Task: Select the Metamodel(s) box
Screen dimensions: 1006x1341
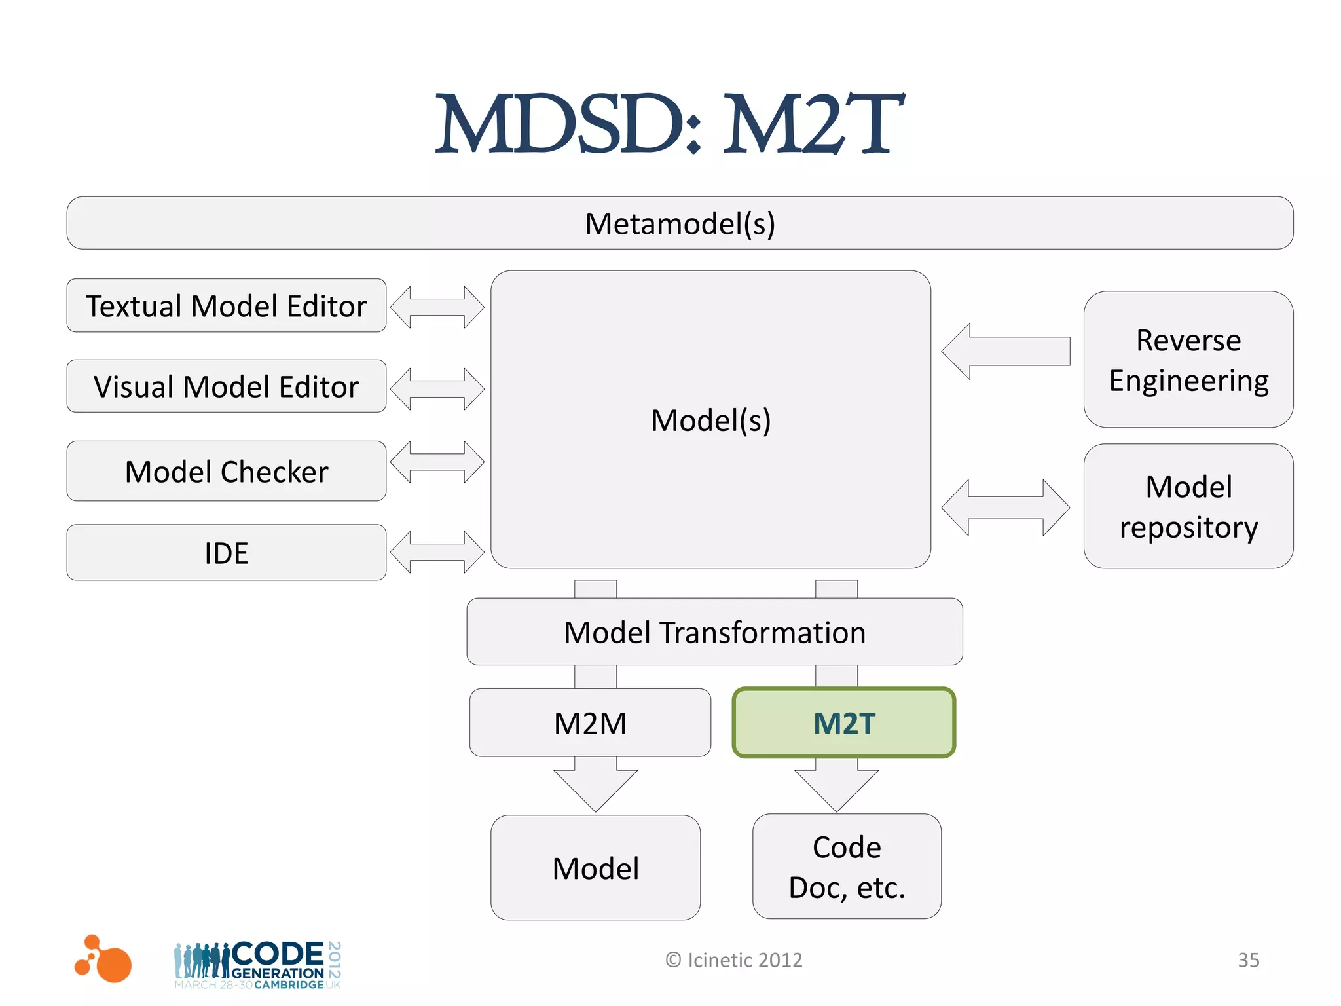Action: (680, 223)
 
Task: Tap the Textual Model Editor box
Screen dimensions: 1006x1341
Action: (226, 306)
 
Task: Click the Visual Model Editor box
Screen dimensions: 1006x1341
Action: (226, 386)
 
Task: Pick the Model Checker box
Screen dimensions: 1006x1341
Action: (226, 472)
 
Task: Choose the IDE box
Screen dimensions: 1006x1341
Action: (226, 553)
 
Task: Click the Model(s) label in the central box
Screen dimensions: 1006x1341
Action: (710, 420)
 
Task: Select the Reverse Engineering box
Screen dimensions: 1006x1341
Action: (1188, 360)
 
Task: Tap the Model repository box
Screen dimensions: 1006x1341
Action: (1188, 506)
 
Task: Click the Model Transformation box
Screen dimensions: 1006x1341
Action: (714, 632)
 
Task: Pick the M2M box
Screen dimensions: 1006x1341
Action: (590, 723)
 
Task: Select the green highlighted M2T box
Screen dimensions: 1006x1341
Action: (843, 723)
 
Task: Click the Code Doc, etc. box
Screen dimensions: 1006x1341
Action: (847, 866)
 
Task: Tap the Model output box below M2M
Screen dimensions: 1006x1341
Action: (595, 868)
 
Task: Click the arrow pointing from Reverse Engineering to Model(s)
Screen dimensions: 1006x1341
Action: (1005, 351)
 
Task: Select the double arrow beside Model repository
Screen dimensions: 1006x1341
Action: (1005, 508)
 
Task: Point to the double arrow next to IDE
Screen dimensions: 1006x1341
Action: (437, 552)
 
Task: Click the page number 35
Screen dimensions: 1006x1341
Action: (1248, 960)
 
